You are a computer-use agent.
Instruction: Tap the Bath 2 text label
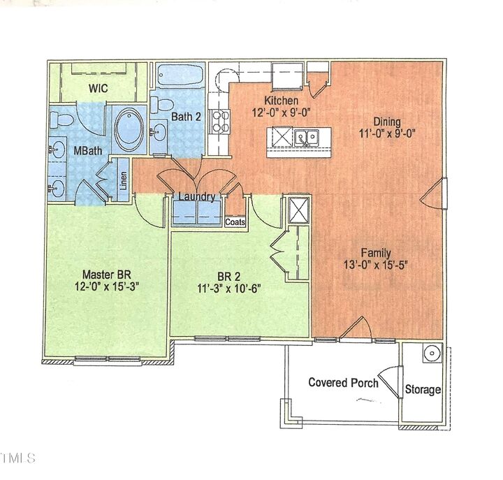[187, 117]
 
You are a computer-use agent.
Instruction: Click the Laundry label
[196, 197]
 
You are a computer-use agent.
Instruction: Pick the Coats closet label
[235, 221]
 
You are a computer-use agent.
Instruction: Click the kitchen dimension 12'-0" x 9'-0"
[282, 112]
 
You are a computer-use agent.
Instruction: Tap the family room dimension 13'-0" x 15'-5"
[375, 265]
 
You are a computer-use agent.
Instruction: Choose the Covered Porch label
[343, 382]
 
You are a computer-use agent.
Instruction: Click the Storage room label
[423, 389]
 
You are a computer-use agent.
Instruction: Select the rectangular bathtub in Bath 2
[179, 75]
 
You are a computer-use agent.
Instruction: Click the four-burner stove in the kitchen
[221, 120]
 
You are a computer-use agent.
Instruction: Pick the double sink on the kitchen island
[307, 136]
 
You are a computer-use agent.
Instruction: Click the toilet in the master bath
[62, 119]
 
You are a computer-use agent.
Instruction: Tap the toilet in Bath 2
[159, 107]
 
